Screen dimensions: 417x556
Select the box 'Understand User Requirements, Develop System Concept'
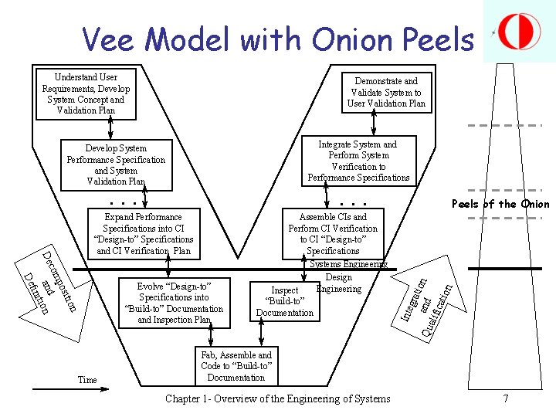tap(86, 94)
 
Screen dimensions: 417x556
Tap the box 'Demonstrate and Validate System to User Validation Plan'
tap(386, 92)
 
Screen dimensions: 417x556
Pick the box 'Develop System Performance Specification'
tap(116, 165)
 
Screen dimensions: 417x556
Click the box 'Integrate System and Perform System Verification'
tap(359, 161)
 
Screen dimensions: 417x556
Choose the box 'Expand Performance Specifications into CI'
tap(143, 233)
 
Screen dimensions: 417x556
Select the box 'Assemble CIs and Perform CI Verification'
tap(333, 233)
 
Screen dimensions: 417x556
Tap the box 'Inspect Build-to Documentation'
tap(285, 301)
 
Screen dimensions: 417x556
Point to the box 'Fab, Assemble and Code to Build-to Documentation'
tap(236, 366)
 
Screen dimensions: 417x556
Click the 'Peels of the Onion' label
tap(500, 205)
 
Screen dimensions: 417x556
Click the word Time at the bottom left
tap(87, 380)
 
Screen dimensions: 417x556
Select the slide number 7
tap(506, 398)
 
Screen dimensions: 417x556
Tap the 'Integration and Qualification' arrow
tap(425, 301)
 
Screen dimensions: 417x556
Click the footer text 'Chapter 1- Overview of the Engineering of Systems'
tap(278, 398)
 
